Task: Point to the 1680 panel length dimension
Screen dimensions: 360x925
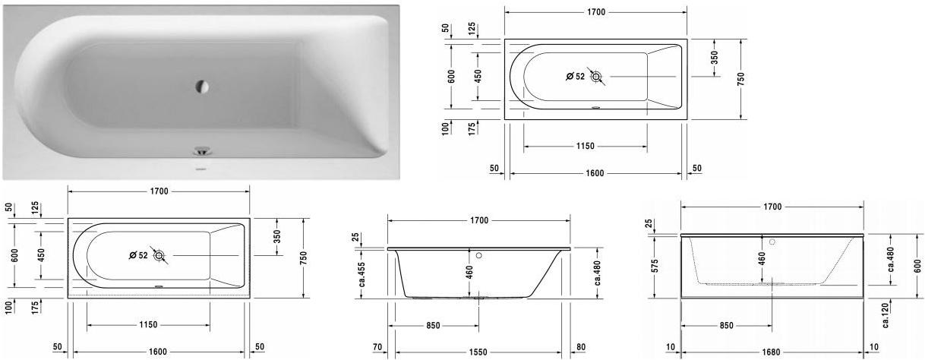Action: coord(771,352)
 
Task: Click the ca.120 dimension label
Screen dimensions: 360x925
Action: coord(886,314)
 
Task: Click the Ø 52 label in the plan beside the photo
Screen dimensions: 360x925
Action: coord(576,77)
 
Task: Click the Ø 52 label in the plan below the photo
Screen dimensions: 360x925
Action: coord(138,255)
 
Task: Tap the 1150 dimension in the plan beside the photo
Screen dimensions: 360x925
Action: coord(585,146)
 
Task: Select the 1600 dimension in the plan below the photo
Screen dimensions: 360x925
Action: coord(158,352)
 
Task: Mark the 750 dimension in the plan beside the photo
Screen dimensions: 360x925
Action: coord(740,78)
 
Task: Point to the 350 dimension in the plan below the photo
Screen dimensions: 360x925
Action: coord(278,238)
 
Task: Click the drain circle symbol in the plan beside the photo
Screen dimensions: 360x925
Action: coord(596,76)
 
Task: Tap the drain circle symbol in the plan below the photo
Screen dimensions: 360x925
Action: coord(159,255)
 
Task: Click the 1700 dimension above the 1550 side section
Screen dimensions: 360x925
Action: coord(478,220)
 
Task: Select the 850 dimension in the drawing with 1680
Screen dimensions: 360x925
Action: coord(726,326)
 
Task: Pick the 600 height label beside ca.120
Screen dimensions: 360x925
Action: coord(917,266)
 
